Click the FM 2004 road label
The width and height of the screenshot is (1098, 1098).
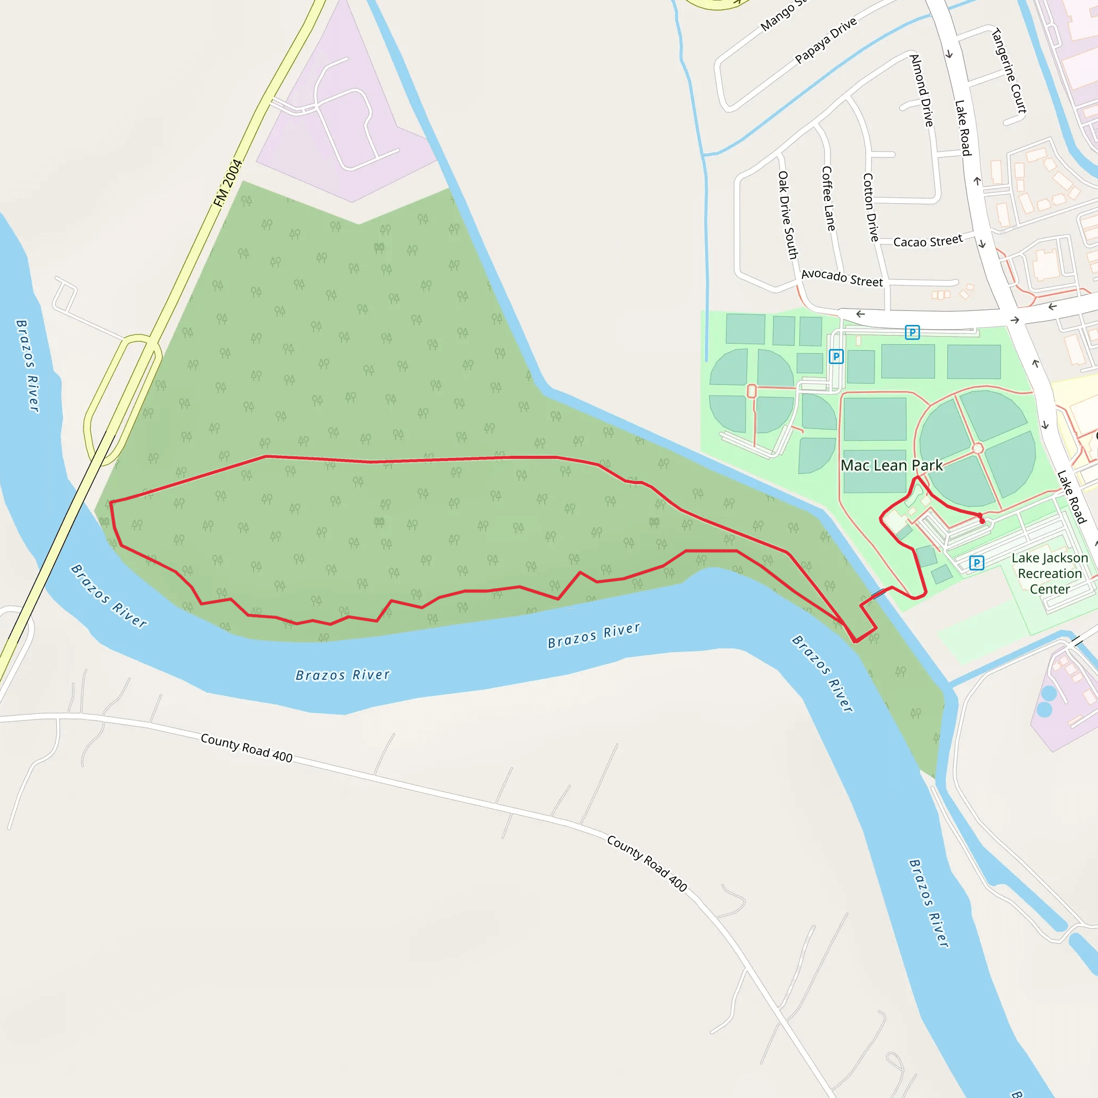tap(228, 183)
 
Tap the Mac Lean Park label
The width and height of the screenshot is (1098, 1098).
tap(891, 465)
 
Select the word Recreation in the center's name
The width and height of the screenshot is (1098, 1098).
tap(1050, 574)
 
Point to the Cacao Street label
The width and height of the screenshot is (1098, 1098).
tap(928, 241)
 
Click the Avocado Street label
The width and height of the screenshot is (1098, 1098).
tap(842, 278)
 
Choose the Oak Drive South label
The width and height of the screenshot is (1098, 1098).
tap(788, 215)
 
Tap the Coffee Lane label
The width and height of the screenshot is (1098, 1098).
tap(829, 198)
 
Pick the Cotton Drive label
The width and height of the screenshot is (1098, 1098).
tap(871, 207)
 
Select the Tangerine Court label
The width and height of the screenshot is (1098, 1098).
tap(1009, 70)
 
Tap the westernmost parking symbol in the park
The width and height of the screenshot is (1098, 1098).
tap(836, 357)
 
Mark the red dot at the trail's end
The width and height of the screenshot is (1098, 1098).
tap(982, 521)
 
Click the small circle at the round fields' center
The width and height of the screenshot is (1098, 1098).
tap(977, 448)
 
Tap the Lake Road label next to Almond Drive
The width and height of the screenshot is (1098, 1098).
tap(962, 128)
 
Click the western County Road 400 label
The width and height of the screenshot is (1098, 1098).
tap(246, 748)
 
